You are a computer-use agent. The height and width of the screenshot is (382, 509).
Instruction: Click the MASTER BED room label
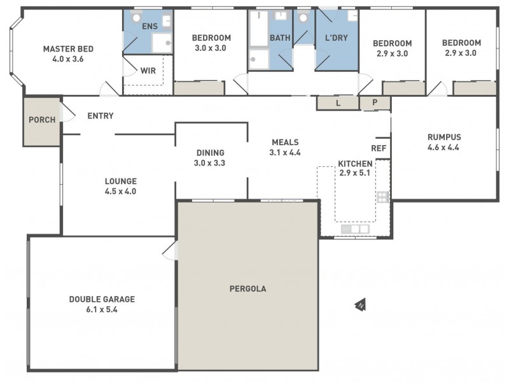64,48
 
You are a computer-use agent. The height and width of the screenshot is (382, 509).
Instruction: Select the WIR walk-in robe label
148,70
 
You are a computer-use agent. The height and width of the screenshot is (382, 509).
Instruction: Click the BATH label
280,38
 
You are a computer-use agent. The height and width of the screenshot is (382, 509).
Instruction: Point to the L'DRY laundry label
336,38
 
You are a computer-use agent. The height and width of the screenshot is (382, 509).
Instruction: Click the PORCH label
43,120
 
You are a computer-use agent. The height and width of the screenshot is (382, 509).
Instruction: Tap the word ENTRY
101,116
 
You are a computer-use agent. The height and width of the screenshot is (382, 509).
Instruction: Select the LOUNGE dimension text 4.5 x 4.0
120,191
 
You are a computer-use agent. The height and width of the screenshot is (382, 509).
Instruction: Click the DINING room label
210,153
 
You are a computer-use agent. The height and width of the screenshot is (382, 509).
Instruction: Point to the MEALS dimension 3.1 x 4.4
285,153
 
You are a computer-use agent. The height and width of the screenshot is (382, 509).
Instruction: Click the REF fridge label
379,148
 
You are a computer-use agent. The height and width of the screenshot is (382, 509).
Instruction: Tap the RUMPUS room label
444,137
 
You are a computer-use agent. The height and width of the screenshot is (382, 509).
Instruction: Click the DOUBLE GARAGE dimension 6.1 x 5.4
102,309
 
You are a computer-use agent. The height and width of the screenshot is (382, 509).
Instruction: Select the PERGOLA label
248,288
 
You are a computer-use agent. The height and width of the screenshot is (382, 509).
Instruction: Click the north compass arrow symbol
360,306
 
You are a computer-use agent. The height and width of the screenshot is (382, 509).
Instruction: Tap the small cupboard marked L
337,103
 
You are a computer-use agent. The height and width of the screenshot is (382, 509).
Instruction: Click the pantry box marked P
375,103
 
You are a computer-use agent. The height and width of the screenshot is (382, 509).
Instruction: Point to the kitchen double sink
355,229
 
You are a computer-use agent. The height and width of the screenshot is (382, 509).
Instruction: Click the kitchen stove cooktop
382,197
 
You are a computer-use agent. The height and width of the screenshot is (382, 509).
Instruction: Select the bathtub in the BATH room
258,29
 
